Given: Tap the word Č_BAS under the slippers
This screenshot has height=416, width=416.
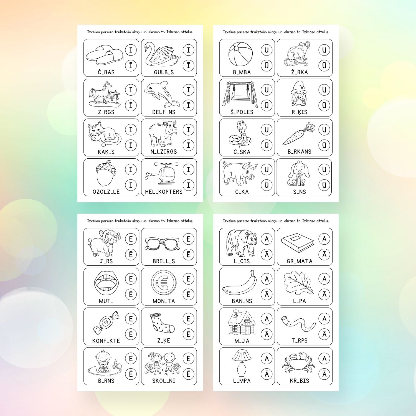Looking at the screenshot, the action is point(106,72).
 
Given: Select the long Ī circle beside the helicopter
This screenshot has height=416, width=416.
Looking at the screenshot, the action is point(189,185).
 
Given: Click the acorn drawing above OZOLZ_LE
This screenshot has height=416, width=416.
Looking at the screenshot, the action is point(106,174).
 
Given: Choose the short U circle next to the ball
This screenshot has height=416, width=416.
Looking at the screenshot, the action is point(267,50).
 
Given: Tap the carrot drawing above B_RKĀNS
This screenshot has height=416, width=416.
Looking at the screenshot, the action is point(299,134).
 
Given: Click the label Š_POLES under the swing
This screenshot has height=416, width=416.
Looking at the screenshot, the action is point(242,112).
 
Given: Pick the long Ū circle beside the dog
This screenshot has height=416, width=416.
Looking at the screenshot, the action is point(324,185).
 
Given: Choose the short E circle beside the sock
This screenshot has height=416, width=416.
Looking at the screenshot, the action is point(189,319).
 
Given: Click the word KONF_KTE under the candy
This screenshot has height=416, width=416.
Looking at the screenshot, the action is point(106,341).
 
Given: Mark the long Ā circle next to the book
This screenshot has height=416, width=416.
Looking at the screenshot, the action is point(324,254).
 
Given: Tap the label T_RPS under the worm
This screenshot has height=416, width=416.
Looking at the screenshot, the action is point(300,341).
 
